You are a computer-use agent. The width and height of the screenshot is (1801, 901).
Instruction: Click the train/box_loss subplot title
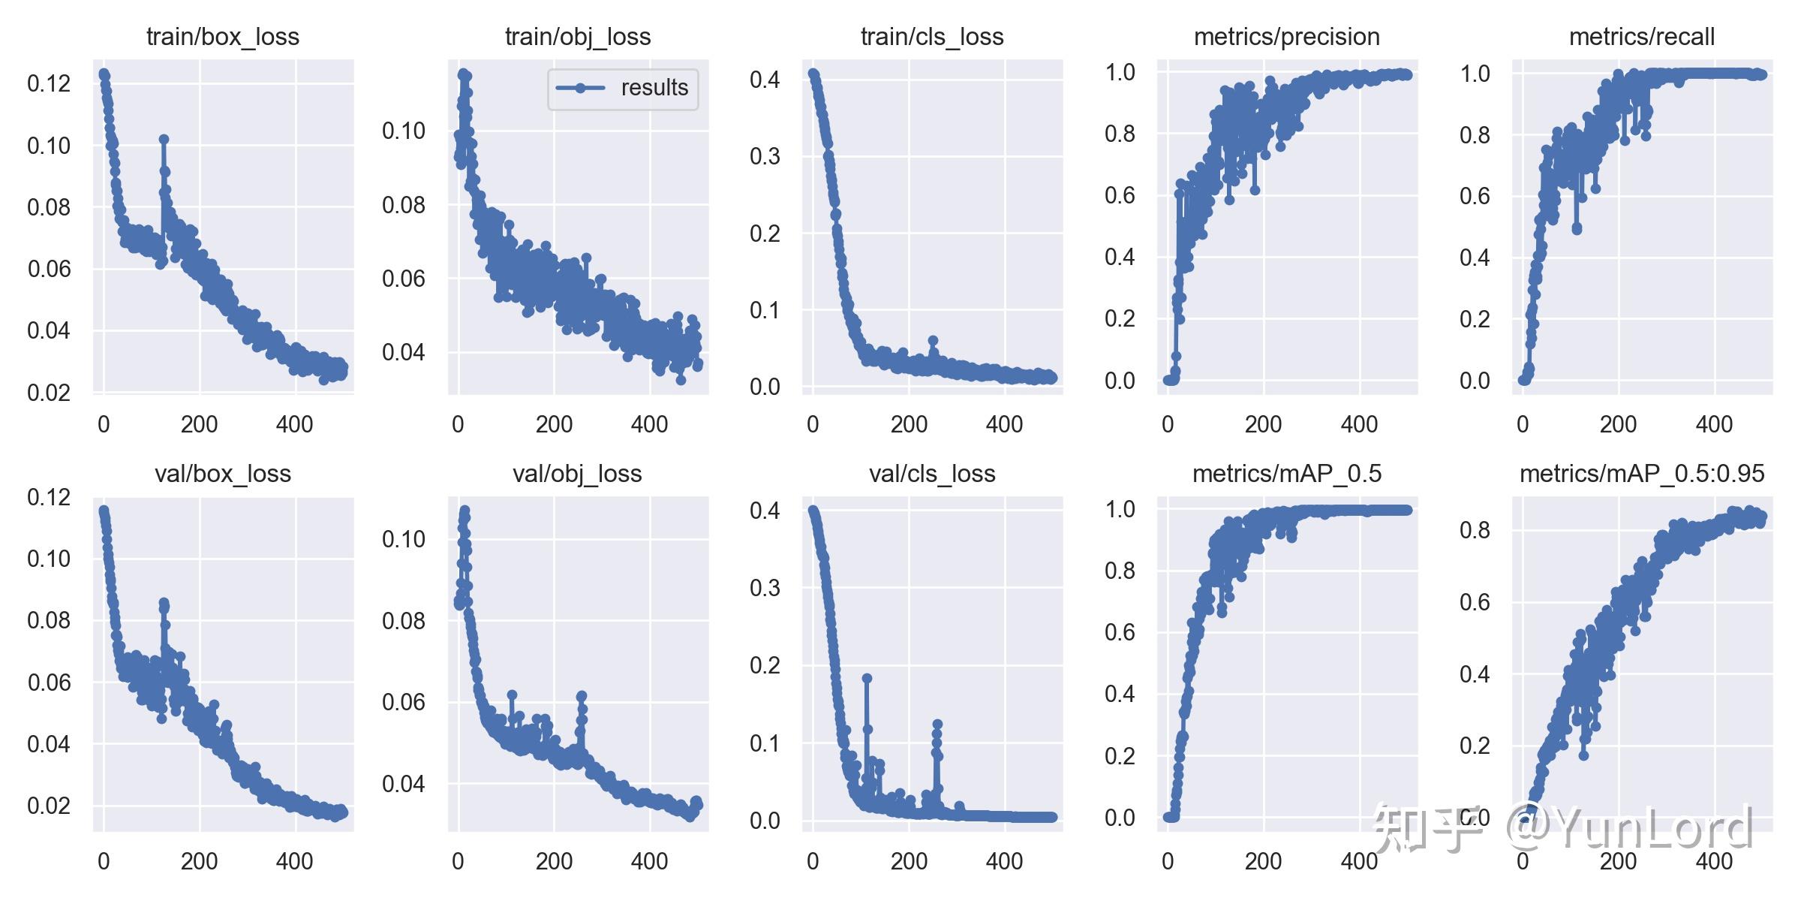(223, 37)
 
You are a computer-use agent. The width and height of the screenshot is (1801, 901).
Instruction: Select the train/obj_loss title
(578, 37)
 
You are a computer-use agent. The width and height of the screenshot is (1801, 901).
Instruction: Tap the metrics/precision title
(1286, 37)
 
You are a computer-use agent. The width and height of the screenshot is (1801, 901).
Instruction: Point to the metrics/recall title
(1642, 37)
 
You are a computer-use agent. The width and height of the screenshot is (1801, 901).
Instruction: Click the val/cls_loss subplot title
(932, 474)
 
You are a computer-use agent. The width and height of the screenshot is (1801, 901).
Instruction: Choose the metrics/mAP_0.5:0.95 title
(1642, 474)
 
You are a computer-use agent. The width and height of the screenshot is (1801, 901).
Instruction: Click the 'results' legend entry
(654, 88)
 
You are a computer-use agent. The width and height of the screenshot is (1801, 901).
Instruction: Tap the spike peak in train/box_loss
(164, 140)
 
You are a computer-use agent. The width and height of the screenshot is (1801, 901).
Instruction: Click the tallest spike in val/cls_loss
(867, 678)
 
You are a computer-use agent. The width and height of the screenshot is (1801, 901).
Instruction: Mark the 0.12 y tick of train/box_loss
(49, 83)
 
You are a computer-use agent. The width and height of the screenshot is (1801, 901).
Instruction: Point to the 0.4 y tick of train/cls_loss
(765, 80)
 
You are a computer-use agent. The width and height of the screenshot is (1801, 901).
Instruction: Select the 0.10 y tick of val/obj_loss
(404, 539)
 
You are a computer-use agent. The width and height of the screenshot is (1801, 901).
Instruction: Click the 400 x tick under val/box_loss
(294, 861)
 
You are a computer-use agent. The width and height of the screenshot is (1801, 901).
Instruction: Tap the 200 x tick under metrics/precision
(1263, 425)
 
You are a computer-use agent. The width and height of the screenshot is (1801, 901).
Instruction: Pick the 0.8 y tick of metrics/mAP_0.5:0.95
(1475, 530)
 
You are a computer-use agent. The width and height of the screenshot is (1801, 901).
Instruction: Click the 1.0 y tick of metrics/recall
(1475, 74)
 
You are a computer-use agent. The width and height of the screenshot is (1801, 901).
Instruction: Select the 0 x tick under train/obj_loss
(458, 425)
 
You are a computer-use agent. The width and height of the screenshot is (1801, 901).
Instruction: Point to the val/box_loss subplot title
(223, 474)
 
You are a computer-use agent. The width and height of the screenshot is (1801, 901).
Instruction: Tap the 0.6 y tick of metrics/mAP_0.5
(1120, 632)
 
